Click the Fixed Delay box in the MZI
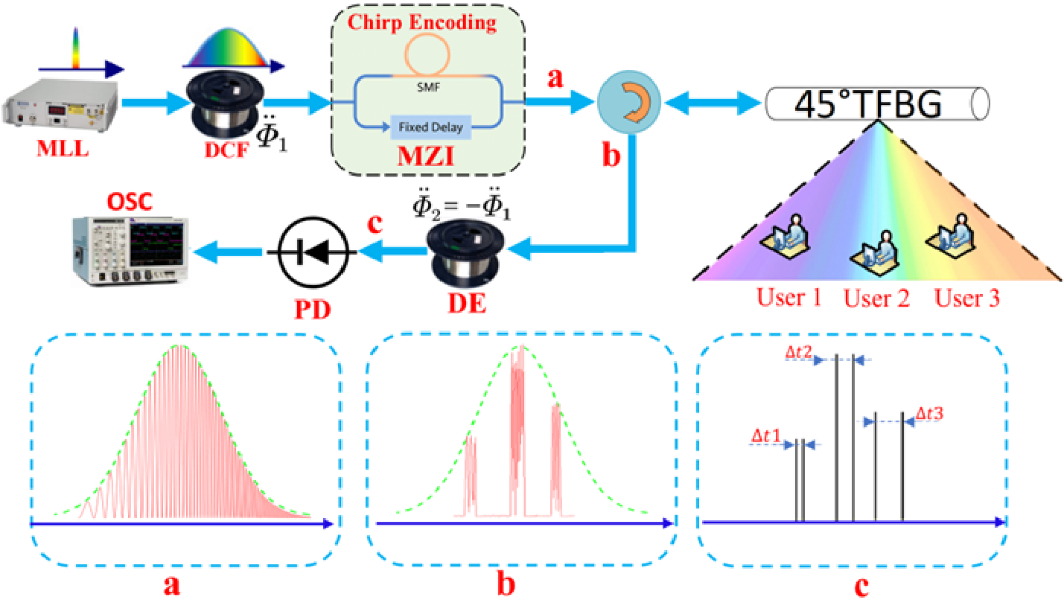pos(427,127)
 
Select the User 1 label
pos(790,299)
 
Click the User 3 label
pos(967,299)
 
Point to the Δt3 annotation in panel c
pos(930,414)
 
